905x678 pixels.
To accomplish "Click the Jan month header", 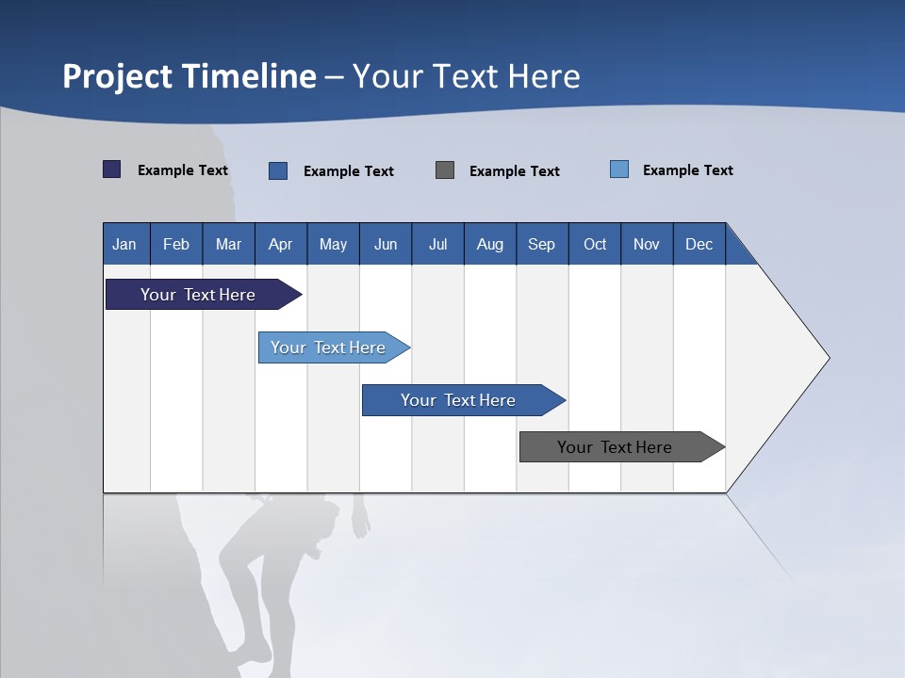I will [x=124, y=244].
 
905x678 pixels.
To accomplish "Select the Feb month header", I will [x=176, y=244].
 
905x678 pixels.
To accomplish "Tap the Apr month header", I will [x=280, y=244].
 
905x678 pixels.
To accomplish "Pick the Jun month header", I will [x=386, y=244].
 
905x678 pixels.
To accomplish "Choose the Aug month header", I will [x=489, y=244].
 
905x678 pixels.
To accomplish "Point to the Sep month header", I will [x=541, y=244].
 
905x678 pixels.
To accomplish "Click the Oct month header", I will [x=595, y=244].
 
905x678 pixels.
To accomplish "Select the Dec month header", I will [x=699, y=244].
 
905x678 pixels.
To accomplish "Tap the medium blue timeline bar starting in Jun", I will [x=459, y=400].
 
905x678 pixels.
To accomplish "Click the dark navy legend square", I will [x=112, y=169].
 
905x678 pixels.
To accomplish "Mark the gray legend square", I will [x=445, y=169].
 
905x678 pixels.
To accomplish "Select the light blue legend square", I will [x=619, y=169].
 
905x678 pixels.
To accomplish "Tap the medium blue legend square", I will [x=278, y=170].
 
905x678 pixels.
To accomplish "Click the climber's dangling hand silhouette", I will [x=360, y=523].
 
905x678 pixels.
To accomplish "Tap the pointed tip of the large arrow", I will [x=827, y=358].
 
